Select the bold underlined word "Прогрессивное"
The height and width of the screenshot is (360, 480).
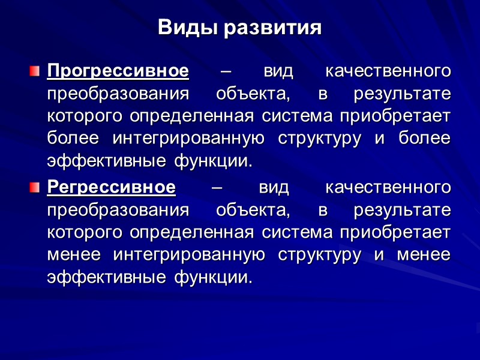point(118,71)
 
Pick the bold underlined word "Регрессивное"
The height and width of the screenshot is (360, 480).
point(112,187)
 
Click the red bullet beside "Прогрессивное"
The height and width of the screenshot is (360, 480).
point(35,72)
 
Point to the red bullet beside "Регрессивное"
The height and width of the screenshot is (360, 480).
point(35,188)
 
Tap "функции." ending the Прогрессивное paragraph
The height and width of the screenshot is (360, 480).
point(214,161)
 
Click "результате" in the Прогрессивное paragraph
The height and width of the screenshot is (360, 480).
point(402,94)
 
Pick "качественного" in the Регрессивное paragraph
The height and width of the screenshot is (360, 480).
point(388,187)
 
